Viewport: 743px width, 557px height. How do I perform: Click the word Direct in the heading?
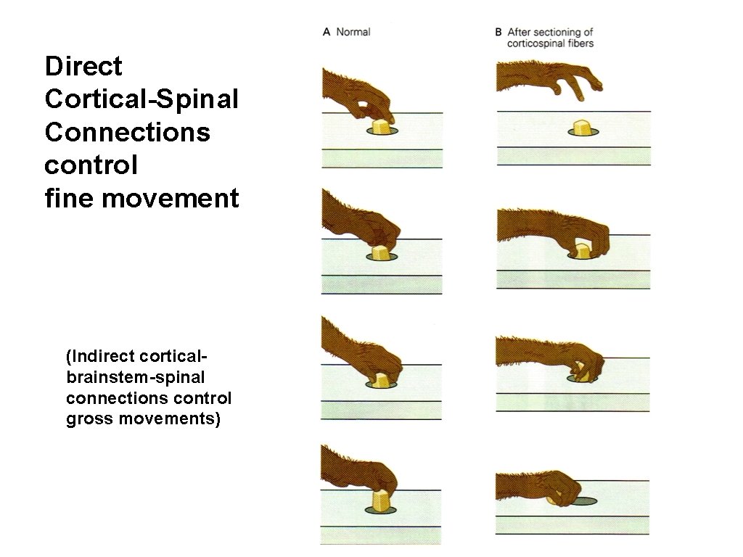(x=83, y=67)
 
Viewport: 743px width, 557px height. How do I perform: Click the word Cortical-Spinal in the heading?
(x=141, y=99)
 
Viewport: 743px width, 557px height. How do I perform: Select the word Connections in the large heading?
(x=127, y=133)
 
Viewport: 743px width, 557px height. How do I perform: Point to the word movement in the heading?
(x=171, y=197)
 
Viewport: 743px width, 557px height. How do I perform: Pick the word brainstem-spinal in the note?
(x=135, y=378)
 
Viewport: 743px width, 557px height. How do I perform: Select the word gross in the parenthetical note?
(x=87, y=419)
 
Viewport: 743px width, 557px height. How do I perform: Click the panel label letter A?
(x=327, y=32)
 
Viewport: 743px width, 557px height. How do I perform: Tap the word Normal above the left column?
(x=353, y=32)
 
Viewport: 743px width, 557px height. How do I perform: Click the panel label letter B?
(x=498, y=32)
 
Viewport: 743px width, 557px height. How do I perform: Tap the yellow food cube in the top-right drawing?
(x=581, y=128)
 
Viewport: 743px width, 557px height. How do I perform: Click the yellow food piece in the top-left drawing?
(x=381, y=128)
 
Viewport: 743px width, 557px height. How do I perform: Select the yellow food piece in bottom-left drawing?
(x=380, y=500)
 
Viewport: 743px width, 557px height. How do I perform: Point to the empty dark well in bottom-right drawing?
(x=583, y=500)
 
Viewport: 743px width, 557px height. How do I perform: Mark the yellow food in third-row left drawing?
(x=381, y=379)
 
